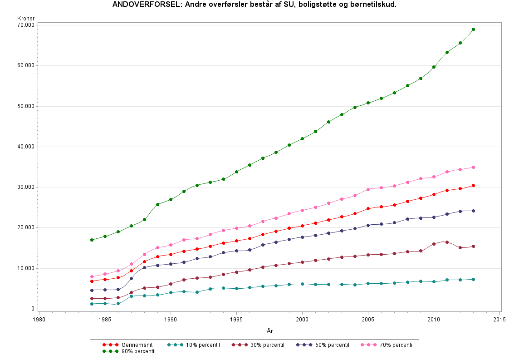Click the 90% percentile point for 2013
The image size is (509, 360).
473,29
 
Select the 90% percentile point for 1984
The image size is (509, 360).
92,240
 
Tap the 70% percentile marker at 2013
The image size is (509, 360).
473,167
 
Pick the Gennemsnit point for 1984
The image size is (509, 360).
92,281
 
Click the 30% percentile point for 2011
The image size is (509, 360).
447,242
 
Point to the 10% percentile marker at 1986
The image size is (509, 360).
118,303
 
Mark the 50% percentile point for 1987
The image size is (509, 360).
131,278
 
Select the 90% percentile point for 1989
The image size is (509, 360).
157,204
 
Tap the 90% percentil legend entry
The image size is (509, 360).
129,351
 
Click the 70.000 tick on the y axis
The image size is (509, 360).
25,25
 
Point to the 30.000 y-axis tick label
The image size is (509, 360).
25,187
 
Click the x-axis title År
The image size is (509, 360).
269,331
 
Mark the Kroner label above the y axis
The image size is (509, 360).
26,18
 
